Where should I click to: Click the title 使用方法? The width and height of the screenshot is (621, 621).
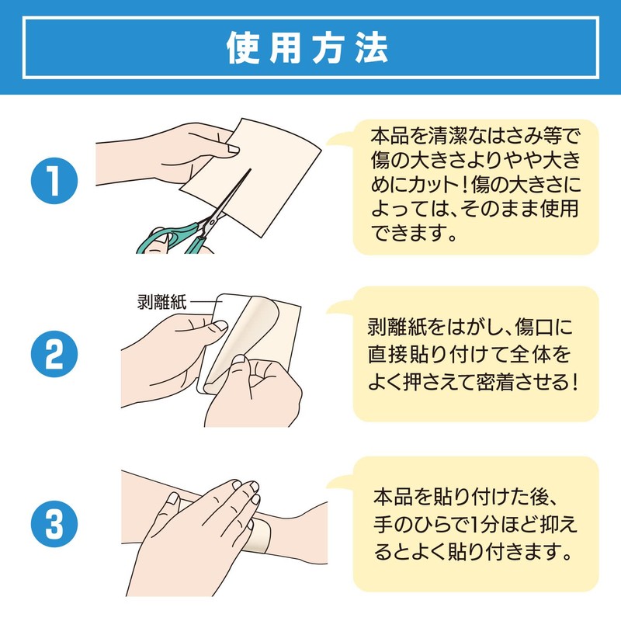307,48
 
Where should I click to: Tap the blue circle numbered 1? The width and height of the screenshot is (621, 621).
54,181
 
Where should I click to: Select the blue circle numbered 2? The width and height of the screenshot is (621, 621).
54,354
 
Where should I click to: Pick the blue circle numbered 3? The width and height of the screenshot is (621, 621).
54,524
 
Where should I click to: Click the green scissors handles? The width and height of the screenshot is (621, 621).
174,237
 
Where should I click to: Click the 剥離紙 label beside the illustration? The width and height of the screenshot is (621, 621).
161,302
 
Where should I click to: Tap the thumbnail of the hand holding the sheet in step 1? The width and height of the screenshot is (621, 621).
232,149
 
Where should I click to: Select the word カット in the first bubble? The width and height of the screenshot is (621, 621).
431,185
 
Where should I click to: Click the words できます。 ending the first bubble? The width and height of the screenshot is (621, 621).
415,233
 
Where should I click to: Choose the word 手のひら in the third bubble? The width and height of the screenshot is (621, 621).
415,524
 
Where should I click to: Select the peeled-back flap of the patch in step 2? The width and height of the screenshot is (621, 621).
242,340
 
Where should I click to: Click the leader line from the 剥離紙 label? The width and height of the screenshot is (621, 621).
205,303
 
